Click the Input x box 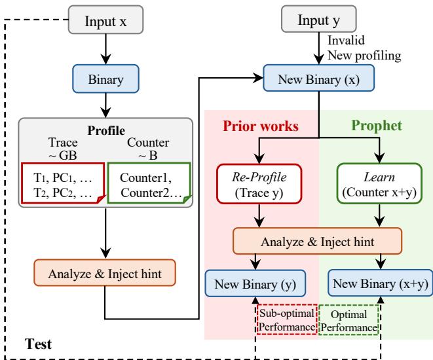coord(105,20)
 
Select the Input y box coord(319,19)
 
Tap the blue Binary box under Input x coord(105,79)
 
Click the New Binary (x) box coord(318,78)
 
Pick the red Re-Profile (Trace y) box coord(259,184)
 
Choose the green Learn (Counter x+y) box coord(379,184)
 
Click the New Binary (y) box coord(255,283)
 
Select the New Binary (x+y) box coord(380,283)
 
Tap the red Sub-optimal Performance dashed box coord(287,320)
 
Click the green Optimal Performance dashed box coord(348,320)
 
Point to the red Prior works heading coord(261,126)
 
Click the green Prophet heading coord(377,126)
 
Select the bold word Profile coord(106,130)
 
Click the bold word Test coord(38,344)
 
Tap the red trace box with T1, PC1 coord(64,183)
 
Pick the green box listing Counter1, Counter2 coord(149,183)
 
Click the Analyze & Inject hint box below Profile coord(105,273)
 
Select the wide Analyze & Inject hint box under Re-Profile coord(317,241)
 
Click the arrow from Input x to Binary coord(105,49)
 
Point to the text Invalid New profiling coord(364,48)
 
